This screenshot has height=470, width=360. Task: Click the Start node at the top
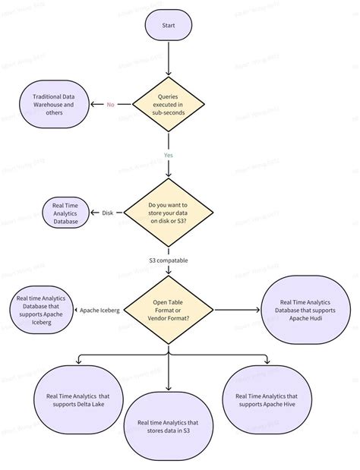pos(168,25)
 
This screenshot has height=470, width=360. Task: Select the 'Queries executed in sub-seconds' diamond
pos(168,104)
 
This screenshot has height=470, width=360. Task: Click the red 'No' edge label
pos(111,105)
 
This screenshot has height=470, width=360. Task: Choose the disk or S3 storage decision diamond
pos(168,212)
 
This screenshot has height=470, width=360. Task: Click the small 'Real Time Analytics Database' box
pos(65,213)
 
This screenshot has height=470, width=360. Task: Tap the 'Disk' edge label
pos(108,213)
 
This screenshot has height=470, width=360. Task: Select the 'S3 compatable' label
pos(168,260)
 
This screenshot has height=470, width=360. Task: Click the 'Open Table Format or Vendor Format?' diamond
pos(168,310)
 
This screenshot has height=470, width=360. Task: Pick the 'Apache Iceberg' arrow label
pos(99,310)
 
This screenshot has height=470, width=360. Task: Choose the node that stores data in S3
pos(168,427)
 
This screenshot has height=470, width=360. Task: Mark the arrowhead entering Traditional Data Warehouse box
pos(93,105)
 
